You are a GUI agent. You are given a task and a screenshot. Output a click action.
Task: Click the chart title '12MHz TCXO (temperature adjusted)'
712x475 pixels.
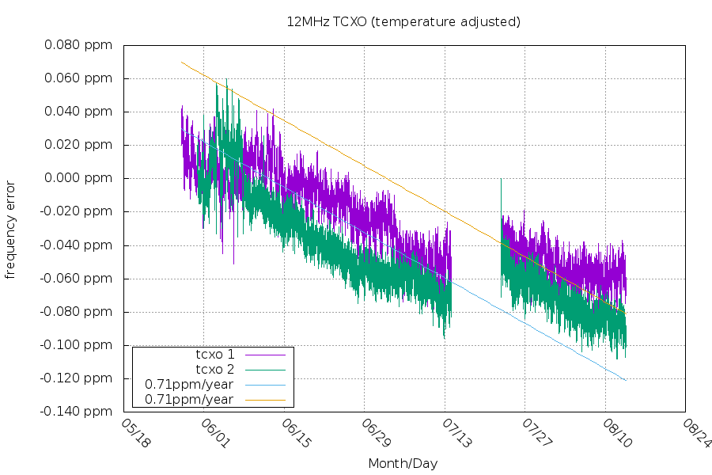click(403, 21)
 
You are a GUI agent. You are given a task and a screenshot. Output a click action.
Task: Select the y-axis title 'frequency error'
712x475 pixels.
click(10, 230)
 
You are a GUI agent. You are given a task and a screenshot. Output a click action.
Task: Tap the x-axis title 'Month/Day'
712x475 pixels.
click(403, 463)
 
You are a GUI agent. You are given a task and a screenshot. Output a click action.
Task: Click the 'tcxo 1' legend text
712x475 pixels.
click(215, 354)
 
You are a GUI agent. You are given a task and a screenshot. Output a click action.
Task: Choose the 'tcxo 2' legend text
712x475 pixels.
click(215, 369)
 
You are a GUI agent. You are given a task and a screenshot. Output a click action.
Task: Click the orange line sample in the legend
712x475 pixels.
click(265, 399)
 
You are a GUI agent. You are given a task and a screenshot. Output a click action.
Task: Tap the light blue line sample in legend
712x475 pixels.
click(265, 384)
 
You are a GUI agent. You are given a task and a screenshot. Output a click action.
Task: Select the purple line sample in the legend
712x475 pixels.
click(265, 354)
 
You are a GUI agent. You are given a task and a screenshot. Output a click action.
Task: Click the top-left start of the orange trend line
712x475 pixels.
click(182, 62)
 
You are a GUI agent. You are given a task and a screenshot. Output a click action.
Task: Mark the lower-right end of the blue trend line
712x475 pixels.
click(626, 380)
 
